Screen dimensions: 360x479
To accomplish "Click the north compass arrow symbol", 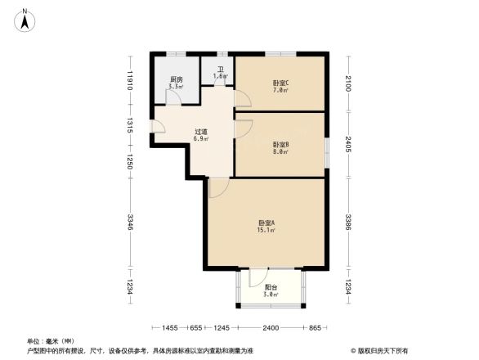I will click(x=26, y=18).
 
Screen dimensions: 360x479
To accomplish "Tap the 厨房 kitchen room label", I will click(x=175, y=79).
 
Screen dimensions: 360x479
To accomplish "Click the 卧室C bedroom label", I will click(x=280, y=82).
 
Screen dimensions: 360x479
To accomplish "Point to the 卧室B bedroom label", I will click(x=280, y=145).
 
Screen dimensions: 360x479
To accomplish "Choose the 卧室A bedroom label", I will click(x=266, y=223).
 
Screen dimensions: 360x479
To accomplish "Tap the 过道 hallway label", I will click(x=200, y=132).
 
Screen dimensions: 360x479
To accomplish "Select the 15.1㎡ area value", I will click(x=266, y=231).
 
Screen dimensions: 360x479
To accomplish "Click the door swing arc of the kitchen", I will click(x=173, y=97).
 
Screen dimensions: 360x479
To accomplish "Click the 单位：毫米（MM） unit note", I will click(x=51, y=340).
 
